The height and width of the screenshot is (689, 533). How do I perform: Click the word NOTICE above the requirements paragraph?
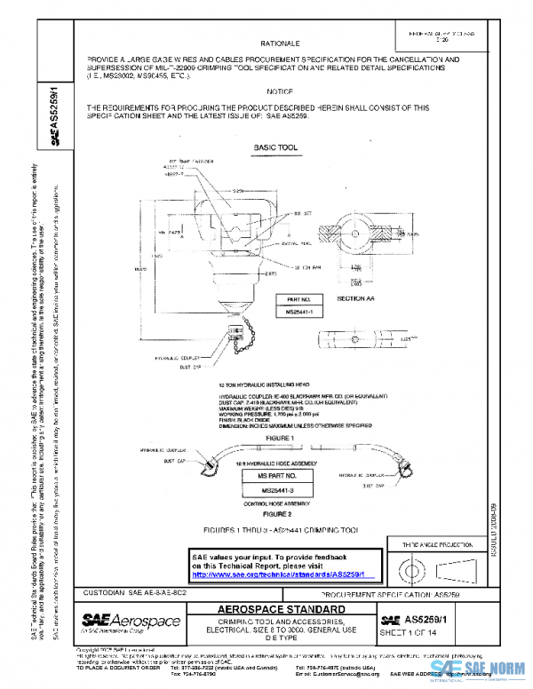click(x=281, y=92)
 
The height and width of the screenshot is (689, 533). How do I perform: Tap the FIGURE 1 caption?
click(x=278, y=438)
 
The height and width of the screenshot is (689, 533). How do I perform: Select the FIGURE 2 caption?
click(x=278, y=513)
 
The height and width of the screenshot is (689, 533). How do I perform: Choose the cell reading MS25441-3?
click(x=279, y=490)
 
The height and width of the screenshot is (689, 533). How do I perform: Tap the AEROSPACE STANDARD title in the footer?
click(x=278, y=609)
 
